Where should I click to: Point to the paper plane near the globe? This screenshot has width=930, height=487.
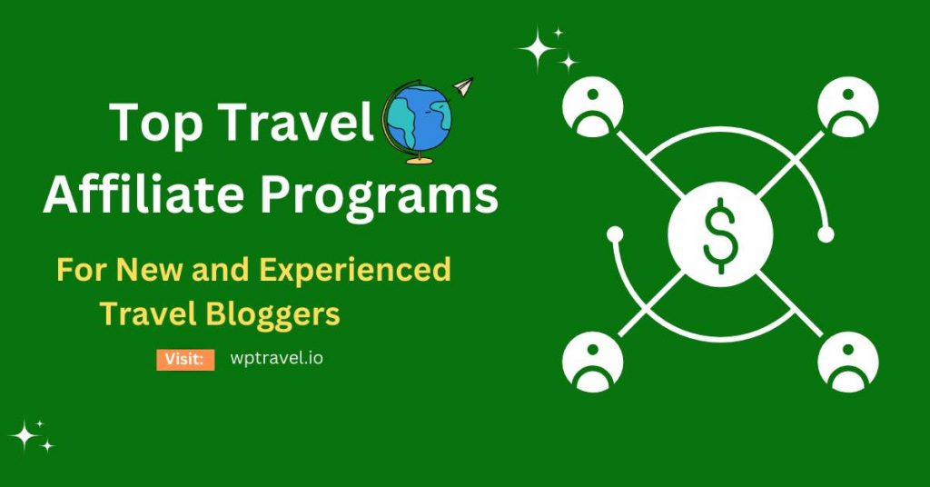point(462,87)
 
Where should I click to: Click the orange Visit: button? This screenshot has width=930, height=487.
point(185,359)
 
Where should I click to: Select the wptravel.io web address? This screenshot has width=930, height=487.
point(277,358)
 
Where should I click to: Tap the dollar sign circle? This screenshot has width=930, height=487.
point(720,238)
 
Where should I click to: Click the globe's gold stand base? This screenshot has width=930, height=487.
point(418,161)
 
